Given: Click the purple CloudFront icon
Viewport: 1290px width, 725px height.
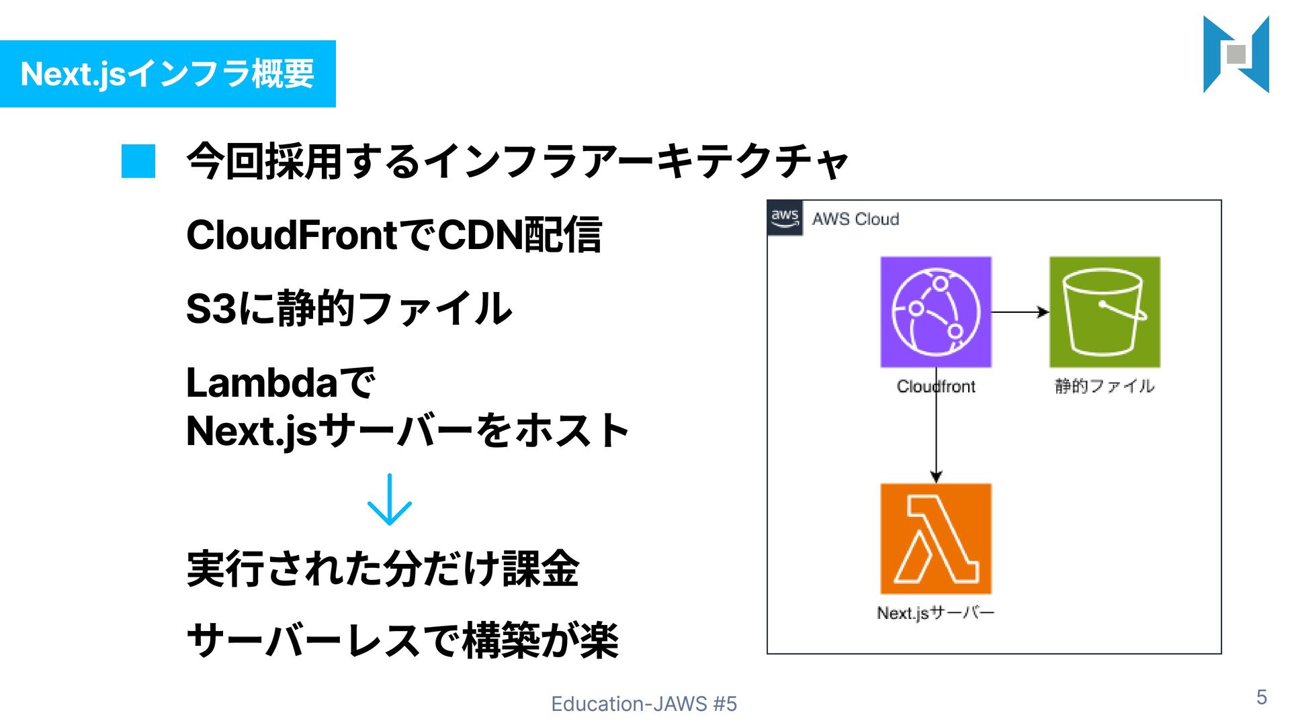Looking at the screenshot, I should pyautogui.click(x=935, y=312).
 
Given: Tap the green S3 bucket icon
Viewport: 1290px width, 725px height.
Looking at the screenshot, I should pyautogui.click(x=1105, y=312).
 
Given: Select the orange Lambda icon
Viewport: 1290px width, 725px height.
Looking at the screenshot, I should pyautogui.click(x=935, y=538).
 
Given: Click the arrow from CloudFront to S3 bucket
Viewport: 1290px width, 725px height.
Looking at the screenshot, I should pyautogui.click(x=1019, y=312).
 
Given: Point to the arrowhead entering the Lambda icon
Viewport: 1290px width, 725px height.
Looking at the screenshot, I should pyautogui.click(x=936, y=477).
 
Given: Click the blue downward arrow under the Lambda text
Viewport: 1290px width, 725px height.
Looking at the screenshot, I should pyautogui.click(x=390, y=500).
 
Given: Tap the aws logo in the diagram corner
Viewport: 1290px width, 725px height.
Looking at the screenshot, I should pyautogui.click(x=785, y=218).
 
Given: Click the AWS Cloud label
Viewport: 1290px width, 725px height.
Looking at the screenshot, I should pyautogui.click(x=855, y=220).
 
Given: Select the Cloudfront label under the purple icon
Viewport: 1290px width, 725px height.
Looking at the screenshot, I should pyautogui.click(x=935, y=387).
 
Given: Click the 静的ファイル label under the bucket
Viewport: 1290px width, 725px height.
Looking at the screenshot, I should pyautogui.click(x=1105, y=386).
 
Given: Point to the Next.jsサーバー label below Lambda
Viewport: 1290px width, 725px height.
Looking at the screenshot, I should pyautogui.click(x=935, y=613).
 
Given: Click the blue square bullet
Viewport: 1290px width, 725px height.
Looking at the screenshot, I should pyautogui.click(x=138, y=162).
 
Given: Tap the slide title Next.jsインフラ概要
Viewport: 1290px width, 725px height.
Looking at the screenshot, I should pyautogui.click(x=168, y=74).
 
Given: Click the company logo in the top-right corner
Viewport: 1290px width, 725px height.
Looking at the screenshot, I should pyautogui.click(x=1236, y=54).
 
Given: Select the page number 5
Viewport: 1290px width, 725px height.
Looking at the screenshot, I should pyautogui.click(x=1262, y=697).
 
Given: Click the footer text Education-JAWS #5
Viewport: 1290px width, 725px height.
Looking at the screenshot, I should pyautogui.click(x=644, y=704).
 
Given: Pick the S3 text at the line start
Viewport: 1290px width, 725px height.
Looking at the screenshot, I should pyautogui.click(x=211, y=309).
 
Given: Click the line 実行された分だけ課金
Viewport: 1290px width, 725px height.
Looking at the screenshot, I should pyautogui.click(x=383, y=569).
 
